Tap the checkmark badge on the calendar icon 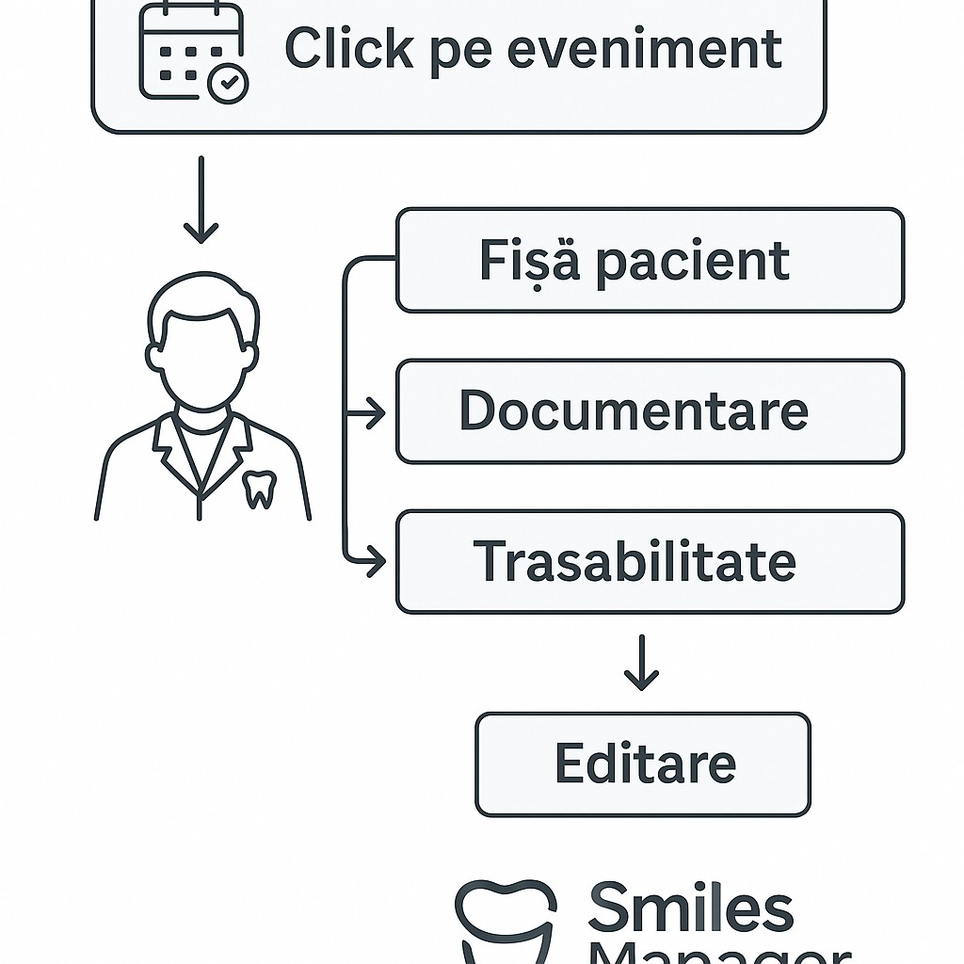227,85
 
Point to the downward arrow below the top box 201,201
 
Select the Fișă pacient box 650,260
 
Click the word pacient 692,261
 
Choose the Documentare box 650,411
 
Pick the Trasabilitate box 650,562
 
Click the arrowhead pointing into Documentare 376,412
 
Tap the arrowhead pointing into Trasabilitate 376,562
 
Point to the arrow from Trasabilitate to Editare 641,663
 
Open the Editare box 642,763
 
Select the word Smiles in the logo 690,908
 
